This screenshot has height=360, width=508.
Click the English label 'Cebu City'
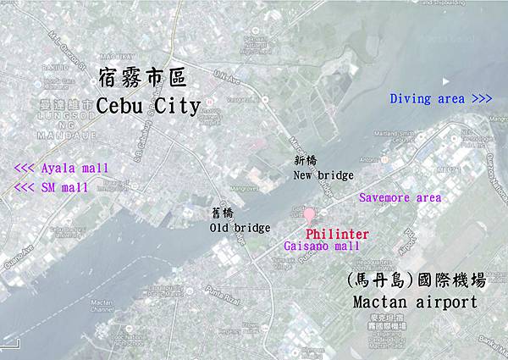point(148,107)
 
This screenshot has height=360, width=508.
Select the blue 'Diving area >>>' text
point(441,99)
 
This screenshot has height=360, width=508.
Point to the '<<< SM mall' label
point(52,186)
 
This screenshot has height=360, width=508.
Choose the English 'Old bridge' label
point(240,227)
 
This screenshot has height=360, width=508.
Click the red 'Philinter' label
point(337,231)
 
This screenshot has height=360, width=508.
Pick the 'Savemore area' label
point(400,197)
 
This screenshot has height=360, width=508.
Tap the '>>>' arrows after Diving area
point(481,99)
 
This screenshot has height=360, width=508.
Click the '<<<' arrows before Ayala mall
point(25,168)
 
